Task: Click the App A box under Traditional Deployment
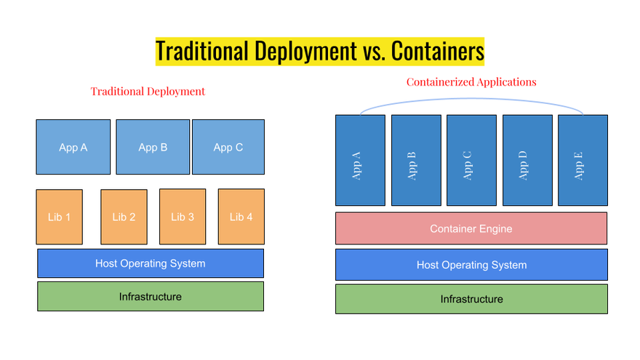click(x=73, y=147)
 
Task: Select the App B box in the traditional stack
click(x=153, y=147)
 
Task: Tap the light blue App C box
click(x=228, y=147)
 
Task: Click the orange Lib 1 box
click(x=59, y=217)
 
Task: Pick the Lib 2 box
click(x=124, y=217)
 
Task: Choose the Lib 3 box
click(x=183, y=217)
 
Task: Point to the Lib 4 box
click(x=241, y=217)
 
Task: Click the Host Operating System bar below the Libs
click(x=151, y=263)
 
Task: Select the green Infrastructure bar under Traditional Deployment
click(x=151, y=297)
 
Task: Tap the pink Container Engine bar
click(x=471, y=228)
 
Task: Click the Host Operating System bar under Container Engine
click(x=471, y=265)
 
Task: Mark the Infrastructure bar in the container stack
click(x=471, y=299)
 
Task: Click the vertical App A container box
click(x=360, y=160)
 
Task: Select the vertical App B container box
click(x=416, y=160)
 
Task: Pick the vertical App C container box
click(x=471, y=160)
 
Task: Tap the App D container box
click(x=527, y=160)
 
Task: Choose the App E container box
click(x=583, y=160)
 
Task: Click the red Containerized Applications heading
click(x=471, y=82)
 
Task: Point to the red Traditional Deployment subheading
click(x=148, y=92)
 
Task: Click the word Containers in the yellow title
click(x=438, y=52)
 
